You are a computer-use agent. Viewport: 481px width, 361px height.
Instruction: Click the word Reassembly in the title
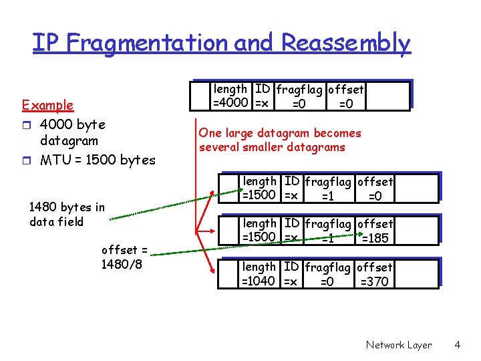(x=345, y=43)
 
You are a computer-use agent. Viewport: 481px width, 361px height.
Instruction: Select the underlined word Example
(x=47, y=105)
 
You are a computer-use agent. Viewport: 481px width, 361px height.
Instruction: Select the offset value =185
(x=374, y=238)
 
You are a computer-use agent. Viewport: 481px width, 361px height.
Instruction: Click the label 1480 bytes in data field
(x=67, y=214)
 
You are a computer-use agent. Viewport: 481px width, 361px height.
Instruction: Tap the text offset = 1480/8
(x=124, y=257)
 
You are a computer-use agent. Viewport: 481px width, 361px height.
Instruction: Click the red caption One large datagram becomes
(x=279, y=133)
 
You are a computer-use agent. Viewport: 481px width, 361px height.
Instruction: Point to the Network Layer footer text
(x=398, y=345)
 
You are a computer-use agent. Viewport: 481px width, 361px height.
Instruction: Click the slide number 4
(x=457, y=345)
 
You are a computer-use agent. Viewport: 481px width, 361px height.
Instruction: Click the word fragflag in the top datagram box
(x=297, y=90)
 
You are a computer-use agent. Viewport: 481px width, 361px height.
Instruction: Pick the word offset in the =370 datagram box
(x=375, y=267)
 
